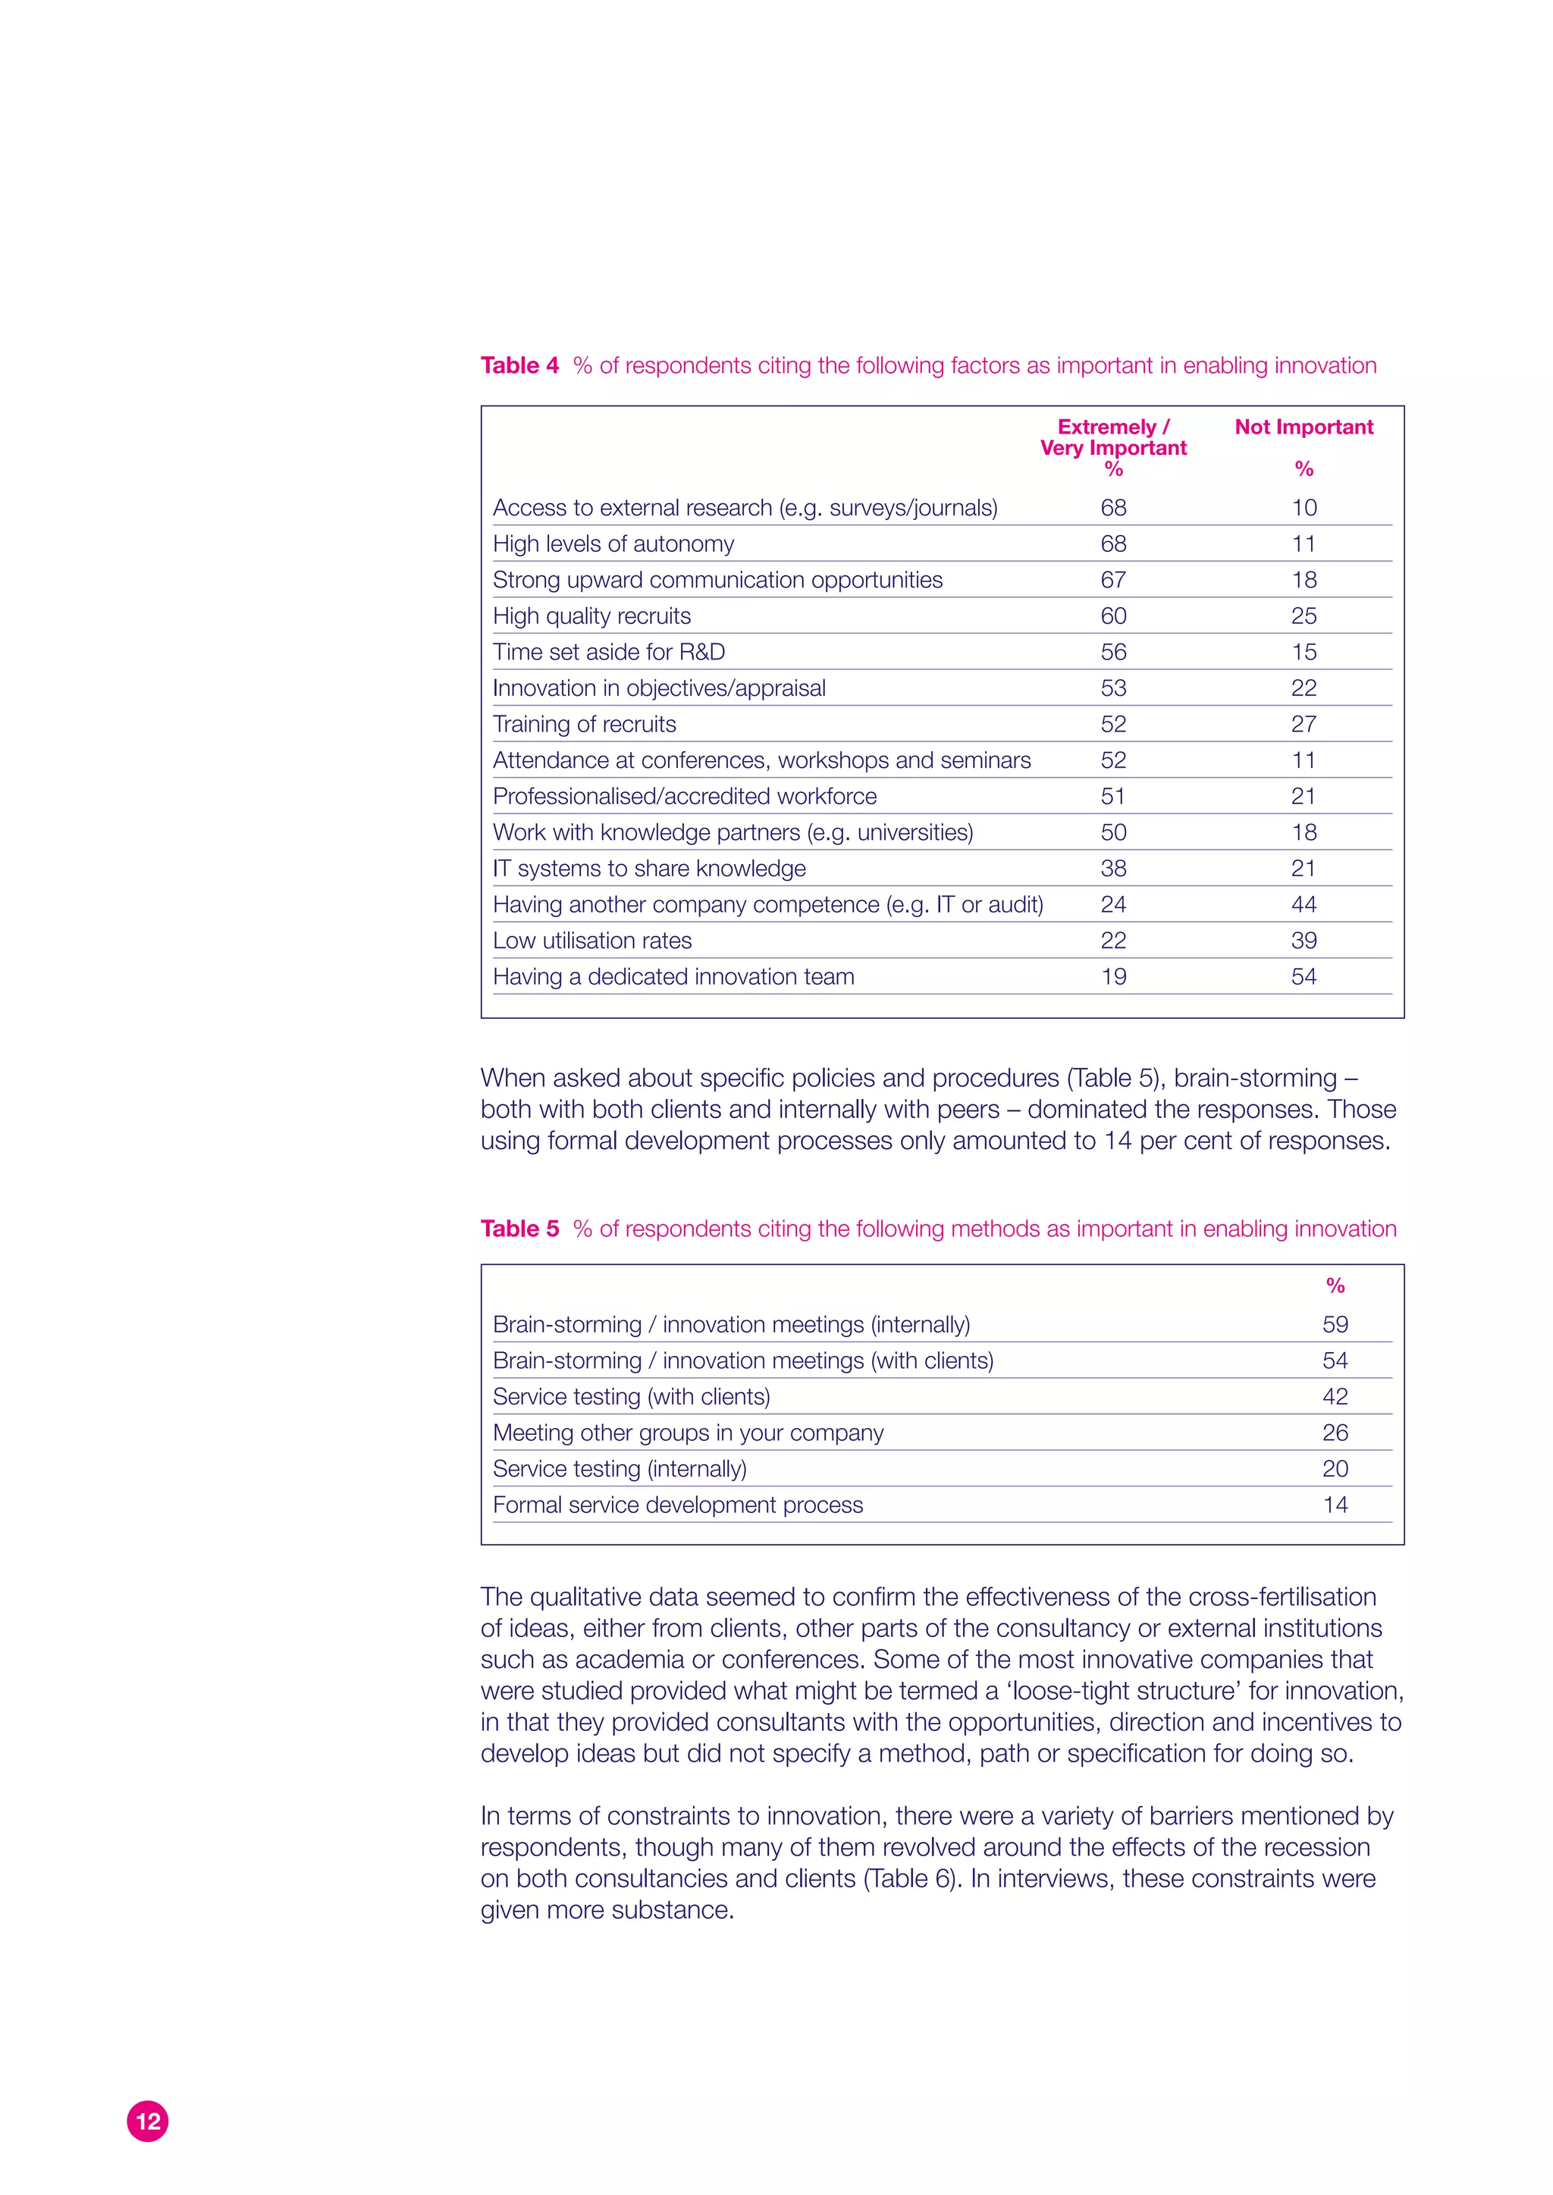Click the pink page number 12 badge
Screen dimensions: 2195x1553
tap(147, 2121)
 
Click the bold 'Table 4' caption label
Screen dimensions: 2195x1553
tap(519, 365)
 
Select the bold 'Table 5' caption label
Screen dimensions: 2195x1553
tap(519, 1229)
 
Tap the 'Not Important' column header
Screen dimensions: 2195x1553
tap(1304, 427)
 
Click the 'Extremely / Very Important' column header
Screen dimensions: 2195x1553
tap(1113, 438)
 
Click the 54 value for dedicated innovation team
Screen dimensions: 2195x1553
tap(1304, 976)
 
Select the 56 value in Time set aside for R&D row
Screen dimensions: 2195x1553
tap(1113, 652)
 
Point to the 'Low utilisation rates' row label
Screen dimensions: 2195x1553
tap(592, 941)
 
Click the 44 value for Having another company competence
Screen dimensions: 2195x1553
tap(1304, 904)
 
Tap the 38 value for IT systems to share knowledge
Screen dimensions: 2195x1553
tap(1113, 868)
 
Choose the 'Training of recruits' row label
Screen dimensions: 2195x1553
tap(585, 724)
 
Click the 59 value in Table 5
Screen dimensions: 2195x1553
tap(1335, 1324)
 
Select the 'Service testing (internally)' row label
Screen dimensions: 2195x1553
tap(620, 1468)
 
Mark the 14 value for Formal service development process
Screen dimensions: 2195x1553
tap(1335, 1505)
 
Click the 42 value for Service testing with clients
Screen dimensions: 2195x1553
tap(1335, 1397)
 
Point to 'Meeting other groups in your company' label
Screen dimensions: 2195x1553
tap(688, 1432)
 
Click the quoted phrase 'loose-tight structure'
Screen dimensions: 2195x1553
tap(1125, 1690)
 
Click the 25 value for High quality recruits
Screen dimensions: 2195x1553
tap(1304, 615)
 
